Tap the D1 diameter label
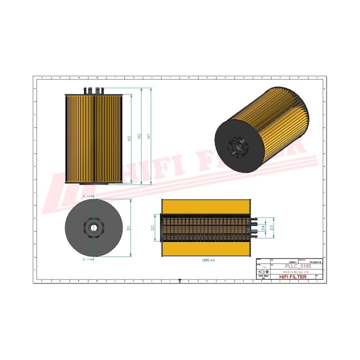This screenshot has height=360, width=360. point(129,228)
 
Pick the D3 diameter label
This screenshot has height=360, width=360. point(271,228)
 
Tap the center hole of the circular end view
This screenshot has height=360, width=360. point(94,227)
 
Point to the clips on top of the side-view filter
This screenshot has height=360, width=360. point(94,90)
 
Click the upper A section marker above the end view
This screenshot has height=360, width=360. point(84,195)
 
